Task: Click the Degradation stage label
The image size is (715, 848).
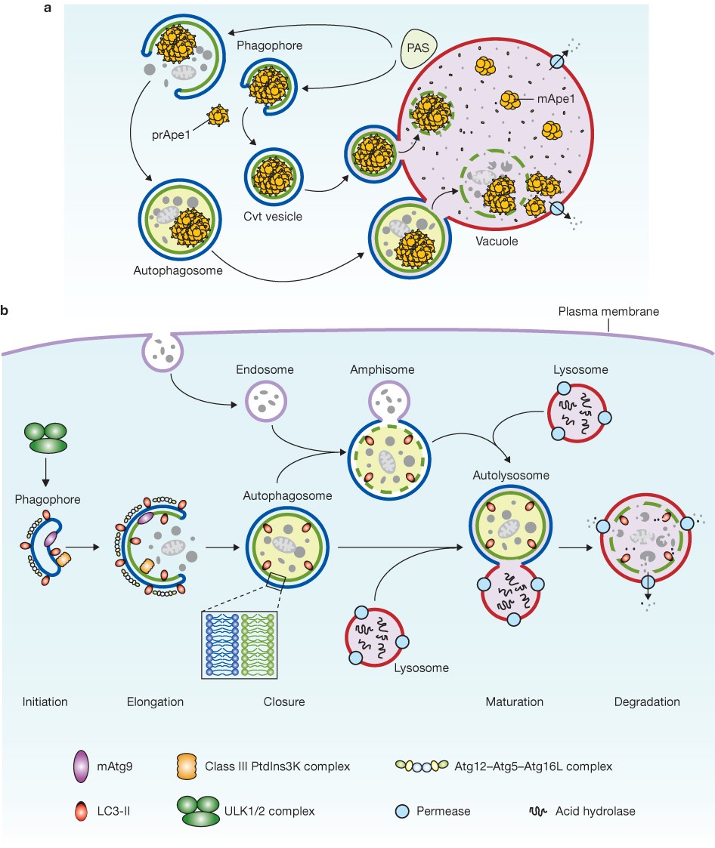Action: point(646,702)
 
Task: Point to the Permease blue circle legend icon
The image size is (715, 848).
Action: point(404,812)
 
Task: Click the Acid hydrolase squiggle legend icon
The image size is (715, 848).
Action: point(538,812)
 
